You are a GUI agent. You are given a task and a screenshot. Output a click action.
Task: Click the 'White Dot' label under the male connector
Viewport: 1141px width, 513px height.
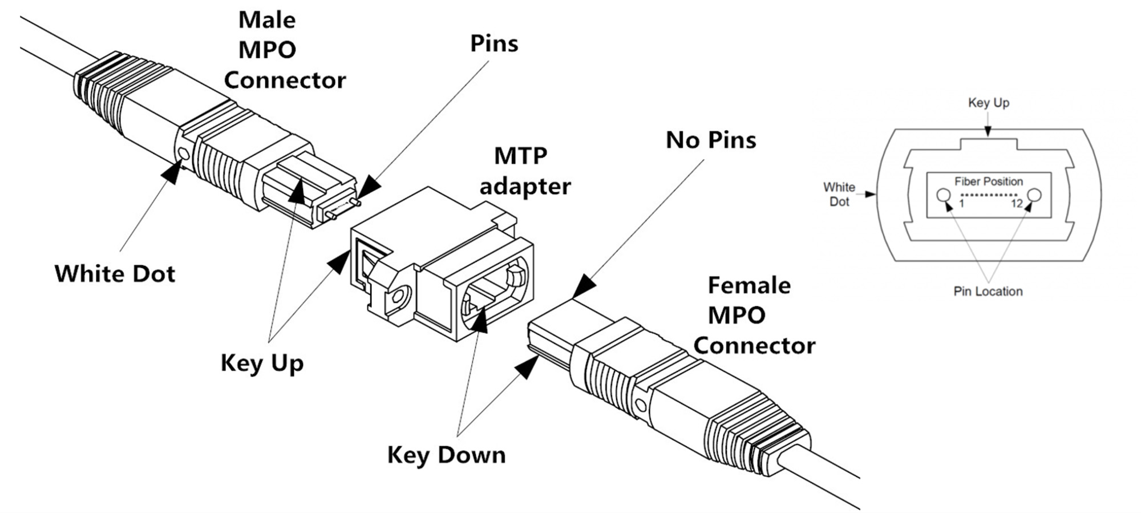[x=115, y=274]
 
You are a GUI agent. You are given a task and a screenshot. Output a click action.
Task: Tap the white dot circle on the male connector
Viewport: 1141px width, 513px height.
[x=184, y=154]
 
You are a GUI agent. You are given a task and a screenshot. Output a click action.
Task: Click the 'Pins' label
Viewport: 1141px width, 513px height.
[x=493, y=44]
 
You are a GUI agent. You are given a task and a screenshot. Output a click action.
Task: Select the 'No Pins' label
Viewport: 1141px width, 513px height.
[x=710, y=140]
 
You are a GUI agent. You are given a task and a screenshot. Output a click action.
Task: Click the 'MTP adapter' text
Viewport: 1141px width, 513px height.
[x=524, y=171]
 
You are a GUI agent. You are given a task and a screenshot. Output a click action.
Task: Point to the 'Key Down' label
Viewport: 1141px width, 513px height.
[x=446, y=455]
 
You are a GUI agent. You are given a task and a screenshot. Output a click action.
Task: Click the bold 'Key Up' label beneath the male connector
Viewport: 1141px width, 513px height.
[x=262, y=363]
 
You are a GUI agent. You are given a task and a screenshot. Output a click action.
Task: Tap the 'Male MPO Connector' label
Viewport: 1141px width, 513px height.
[x=284, y=50]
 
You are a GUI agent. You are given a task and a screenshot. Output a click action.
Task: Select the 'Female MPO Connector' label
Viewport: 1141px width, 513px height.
[x=753, y=316]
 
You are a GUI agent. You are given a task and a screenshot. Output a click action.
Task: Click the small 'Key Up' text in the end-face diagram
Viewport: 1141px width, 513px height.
[x=988, y=103]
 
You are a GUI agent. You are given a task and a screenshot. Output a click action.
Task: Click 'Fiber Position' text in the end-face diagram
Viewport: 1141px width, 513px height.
[x=988, y=181]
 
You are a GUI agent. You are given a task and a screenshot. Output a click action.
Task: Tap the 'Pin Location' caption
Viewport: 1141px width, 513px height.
[x=988, y=292]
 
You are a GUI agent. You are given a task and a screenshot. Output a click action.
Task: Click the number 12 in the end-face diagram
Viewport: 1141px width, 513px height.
[x=1017, y=204]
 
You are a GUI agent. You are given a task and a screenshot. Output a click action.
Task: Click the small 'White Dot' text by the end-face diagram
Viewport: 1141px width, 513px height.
[x=839, y=195]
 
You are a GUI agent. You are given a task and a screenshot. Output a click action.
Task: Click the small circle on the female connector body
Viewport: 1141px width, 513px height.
[x=641, y=406]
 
